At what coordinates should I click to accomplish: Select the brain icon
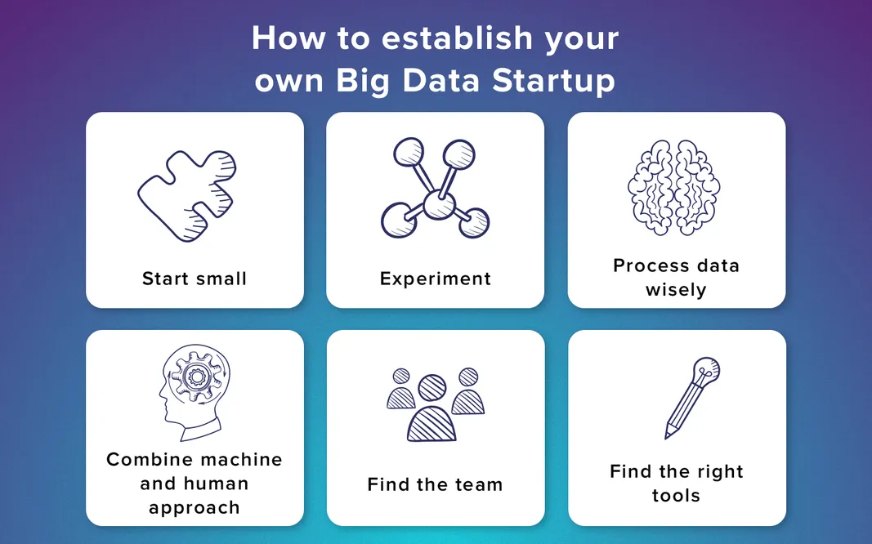coord(674,187)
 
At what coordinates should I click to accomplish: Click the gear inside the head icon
coord(195,377)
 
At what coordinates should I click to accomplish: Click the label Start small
coord(195,279)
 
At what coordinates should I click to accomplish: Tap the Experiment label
coord(436,279)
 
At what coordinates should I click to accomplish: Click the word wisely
coord(676,289)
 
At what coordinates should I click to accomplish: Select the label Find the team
coord(435,484)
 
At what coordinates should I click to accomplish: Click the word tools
coord(676,495)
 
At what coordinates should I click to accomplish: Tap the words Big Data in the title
coord(406,82)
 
